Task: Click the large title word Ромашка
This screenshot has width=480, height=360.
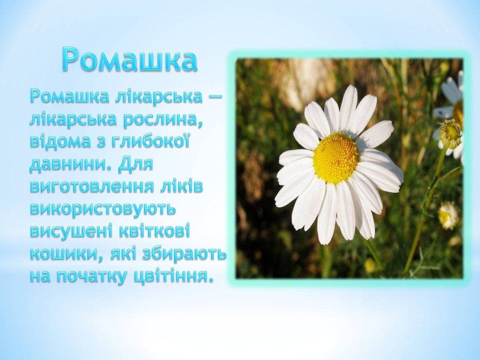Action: [x=129, y=59]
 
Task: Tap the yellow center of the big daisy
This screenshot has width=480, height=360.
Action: [x=336, y=158]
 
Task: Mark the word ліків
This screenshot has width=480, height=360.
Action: [x=183, y=187]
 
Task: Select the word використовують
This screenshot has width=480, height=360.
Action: [x=102, y=209]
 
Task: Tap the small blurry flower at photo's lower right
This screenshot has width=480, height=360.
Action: [x=448, y=216]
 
